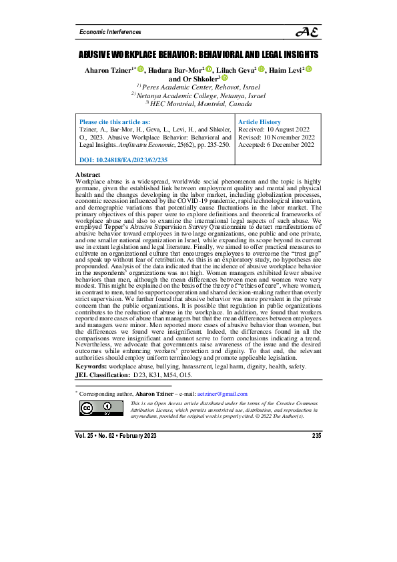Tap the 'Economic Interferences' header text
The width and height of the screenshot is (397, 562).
[x=110, y=32]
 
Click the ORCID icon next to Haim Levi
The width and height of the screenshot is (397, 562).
[x=310, y=69]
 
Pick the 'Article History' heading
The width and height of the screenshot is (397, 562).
[x=260, y=123]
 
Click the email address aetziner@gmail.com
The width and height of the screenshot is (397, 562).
[x=222, y=394]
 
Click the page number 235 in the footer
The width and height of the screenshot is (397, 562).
[x=317, y=436]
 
